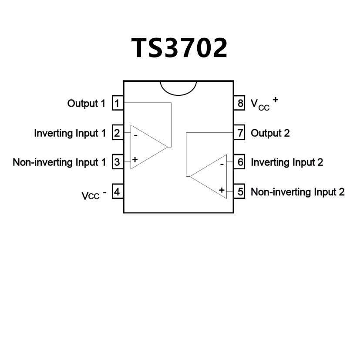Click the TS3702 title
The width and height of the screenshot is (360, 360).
click(179, 48)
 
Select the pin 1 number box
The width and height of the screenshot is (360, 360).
click(117, 104)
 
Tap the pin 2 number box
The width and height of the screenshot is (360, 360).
click(117, 133)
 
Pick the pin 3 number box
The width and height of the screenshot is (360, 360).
click(117, 162)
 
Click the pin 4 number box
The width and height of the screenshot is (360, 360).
click(117, 192)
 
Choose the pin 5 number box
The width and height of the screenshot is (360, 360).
click(241, 192)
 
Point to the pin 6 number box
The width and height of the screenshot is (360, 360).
click(241, 162)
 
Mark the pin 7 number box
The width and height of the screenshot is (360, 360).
click(241, 133)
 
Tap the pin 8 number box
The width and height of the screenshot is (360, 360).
click(241, 104)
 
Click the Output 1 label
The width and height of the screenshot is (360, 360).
click(86, 104)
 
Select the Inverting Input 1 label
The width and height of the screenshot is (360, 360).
click(70, 133)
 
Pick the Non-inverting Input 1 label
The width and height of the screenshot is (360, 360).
click(59, 162)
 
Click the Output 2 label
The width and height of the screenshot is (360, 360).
click(270, 133)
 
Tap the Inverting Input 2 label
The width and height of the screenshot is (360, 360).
click(287, 162)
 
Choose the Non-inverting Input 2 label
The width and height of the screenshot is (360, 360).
click(298, 192)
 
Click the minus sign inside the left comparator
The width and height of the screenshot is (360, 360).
click(136, 135)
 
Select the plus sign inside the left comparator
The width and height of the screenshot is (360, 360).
click(135, 160)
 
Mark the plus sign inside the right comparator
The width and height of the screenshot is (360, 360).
click(222, 190)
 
